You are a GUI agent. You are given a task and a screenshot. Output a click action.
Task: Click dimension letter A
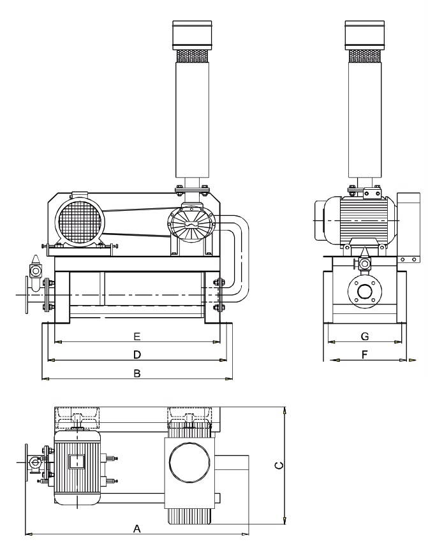[136, 529]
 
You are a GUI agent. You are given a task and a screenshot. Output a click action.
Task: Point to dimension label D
[137, 353]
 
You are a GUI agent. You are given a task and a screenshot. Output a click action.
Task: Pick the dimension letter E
[137, 335]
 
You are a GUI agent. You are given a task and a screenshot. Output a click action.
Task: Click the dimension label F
[364, 354]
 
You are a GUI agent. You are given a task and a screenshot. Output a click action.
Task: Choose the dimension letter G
[364, 335]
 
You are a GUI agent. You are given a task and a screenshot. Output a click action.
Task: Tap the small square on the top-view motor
[77, 463]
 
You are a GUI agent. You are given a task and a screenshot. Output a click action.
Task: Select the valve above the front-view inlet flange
[34, 266]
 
